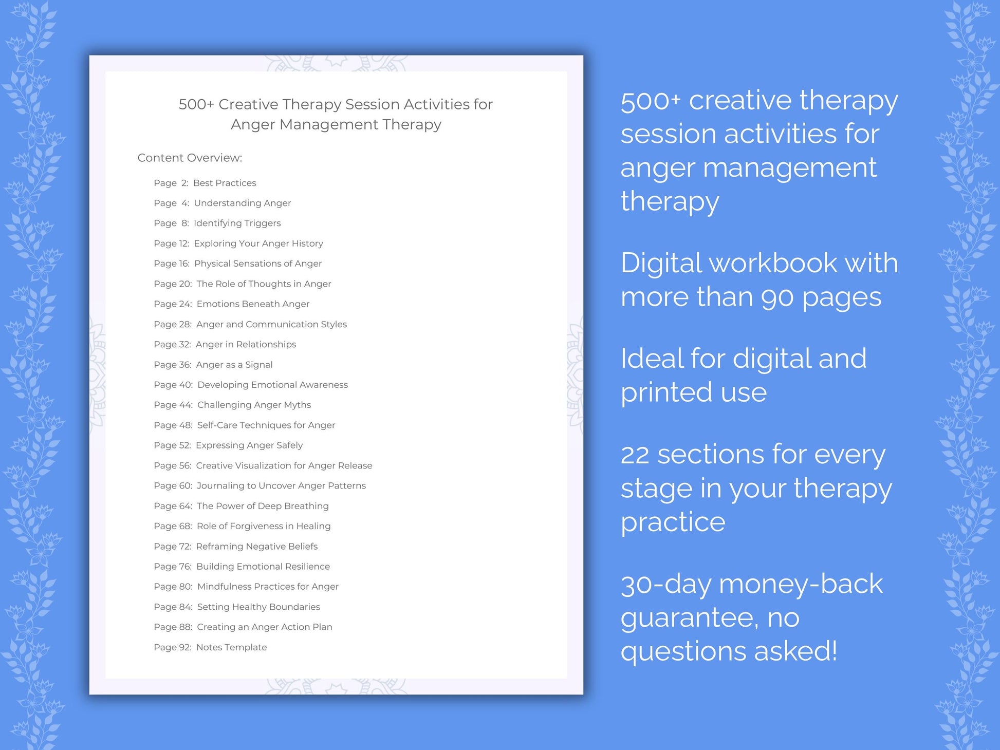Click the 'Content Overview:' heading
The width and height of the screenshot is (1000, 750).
click(x=190, y=158)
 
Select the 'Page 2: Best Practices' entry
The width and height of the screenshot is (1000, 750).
click(x=205, y=183)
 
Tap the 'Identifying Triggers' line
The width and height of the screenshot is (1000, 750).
click(x=237, y=223)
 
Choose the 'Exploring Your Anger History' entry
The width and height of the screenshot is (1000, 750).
click(x=258, y=243)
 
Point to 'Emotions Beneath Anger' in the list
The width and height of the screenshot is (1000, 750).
click(x=253, y=304)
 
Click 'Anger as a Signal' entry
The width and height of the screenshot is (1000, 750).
click(x=234, y=365)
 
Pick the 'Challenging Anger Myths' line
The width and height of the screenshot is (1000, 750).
click(x=254, y=405)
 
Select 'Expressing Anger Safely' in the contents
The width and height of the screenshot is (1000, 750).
click(x=249, y=445)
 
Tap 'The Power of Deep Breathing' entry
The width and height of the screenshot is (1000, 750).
click(x=263, y=506)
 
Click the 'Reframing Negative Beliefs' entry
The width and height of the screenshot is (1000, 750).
click(x=256, y=547)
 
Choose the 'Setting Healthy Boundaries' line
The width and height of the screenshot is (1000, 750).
click(x=258, y=607)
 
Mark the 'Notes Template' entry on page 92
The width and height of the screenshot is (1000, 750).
click(x=231, y=647)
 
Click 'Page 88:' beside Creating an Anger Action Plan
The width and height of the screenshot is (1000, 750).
click(x=173, y=627)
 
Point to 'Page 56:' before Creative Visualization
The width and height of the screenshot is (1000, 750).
click(x=172, y=466)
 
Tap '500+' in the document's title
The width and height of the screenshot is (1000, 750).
click(x=196, y=104)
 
